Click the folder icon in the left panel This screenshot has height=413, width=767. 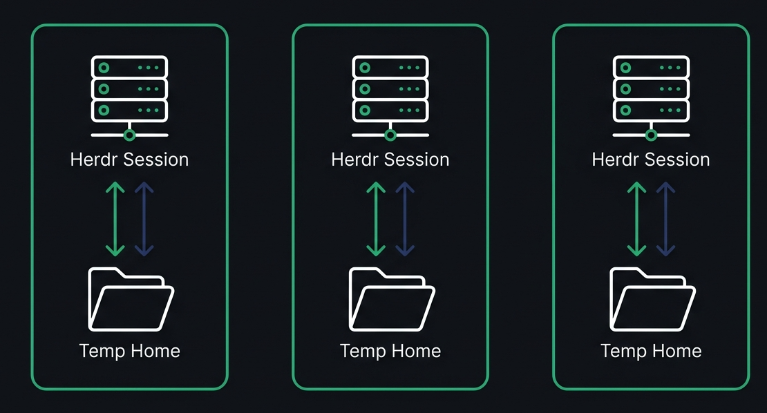(131, 299)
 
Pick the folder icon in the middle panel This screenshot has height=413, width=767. (391, 299)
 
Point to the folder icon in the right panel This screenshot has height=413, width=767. (652, 299)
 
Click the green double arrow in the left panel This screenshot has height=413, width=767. (115, 219)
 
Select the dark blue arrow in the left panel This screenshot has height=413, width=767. (144, 219)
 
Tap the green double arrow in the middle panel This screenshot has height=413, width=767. (376, 219)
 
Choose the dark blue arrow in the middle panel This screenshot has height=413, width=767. (405, 219)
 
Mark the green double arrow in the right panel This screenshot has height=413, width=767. (636, 219)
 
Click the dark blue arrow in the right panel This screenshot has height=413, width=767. (665, 219)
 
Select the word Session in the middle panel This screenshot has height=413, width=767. (420, 160)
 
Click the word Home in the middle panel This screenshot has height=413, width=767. (416, 351)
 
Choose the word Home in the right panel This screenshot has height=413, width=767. (676, 351)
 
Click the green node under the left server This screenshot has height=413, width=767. (130, 135)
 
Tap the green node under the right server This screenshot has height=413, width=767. (651, 135)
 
